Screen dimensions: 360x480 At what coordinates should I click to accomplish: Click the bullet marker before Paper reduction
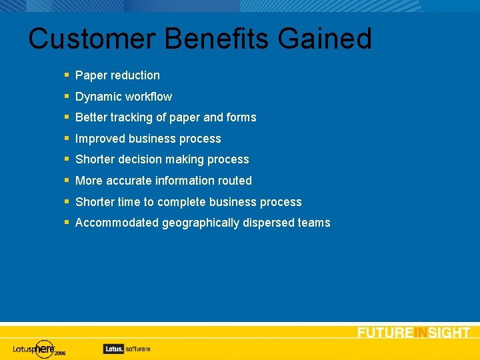point(67,75)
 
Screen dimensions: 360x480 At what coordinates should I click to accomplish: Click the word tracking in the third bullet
point(133,117)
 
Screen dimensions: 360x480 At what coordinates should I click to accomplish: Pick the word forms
point(241,117)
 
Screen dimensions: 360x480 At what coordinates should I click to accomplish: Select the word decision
point(140,159)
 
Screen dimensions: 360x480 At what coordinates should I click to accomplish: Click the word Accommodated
point(117,223)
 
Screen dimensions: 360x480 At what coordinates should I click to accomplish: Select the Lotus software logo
point(127,348)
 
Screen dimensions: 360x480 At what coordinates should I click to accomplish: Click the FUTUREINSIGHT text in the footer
point(413,333)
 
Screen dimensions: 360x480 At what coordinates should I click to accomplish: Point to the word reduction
point(135,75)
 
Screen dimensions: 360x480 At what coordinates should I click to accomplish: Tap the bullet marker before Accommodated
point(67,222)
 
